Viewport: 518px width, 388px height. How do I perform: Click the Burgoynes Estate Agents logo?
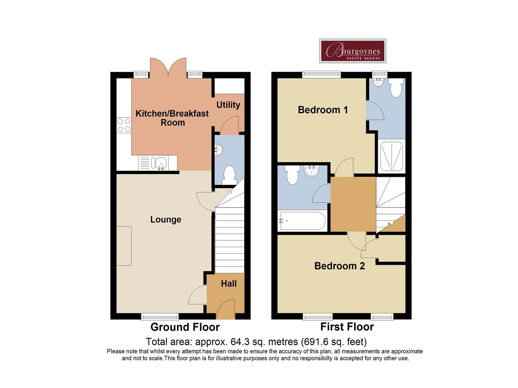point(353,51)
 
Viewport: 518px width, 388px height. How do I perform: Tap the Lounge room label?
point(166,219)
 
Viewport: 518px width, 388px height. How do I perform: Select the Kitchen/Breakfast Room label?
point(172,118)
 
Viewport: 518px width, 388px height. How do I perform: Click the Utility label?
point(228,105)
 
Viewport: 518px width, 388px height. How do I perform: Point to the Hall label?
point(229,284)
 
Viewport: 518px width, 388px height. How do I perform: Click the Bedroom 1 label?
point(323,110)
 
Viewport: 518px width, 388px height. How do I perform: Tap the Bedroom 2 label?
point(340,266)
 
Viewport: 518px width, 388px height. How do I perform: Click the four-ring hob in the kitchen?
point(124,125)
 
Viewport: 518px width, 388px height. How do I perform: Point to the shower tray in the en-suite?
point(391,156)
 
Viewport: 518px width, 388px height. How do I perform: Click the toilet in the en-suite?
point(396,88)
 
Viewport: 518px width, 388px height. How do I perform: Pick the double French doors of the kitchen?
point(168,68)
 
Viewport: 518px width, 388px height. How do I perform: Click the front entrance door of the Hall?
point(226,309)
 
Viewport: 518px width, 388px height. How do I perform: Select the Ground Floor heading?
point(185,327)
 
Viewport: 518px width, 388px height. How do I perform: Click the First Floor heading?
point(347,327)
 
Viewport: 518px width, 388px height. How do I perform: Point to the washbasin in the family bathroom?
point(312,171)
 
